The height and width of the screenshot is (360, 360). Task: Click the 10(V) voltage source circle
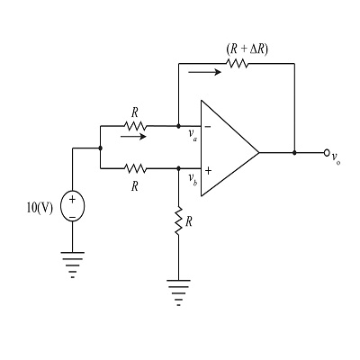74,206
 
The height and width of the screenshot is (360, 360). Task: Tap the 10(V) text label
40,207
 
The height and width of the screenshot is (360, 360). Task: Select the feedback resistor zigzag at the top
237,64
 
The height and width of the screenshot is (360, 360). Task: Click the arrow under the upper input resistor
131,139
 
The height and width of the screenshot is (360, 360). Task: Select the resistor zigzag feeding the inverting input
135,127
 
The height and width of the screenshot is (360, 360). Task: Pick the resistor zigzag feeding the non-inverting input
135,167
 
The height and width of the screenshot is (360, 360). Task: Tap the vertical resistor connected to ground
179,222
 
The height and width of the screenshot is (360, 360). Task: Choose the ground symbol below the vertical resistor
179,291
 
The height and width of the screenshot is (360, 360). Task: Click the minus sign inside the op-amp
208,128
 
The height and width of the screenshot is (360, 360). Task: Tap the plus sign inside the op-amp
208,169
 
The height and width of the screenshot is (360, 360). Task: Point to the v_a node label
193,138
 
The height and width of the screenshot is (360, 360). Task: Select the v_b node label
193,180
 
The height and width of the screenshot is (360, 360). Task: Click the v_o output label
336,158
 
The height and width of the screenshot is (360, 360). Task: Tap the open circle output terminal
328,153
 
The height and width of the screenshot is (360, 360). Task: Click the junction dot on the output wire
294,153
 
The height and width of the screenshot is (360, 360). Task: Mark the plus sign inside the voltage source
74,198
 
